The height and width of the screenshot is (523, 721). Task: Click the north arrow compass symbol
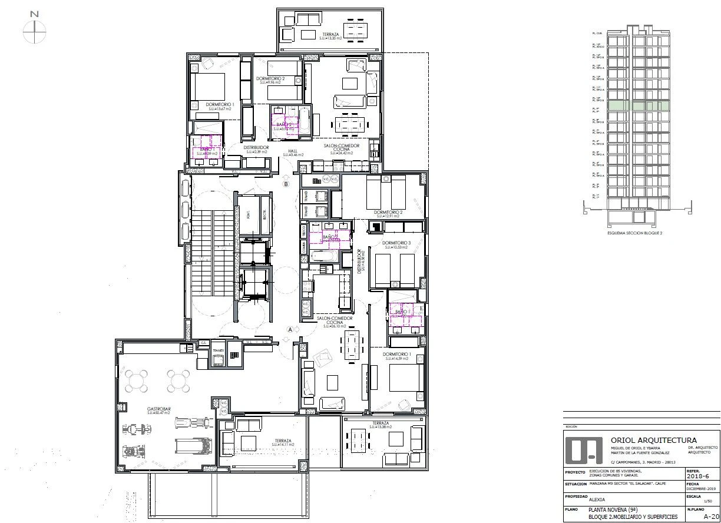click(x=35, y=28)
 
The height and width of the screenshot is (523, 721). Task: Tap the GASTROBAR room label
click(x=159, y=408)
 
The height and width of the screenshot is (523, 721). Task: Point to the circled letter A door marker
click(x=290, y=330)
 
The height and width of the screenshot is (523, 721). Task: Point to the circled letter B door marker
click(x=286, y=184)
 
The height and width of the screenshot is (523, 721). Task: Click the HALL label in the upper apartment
click(x=293, y=151)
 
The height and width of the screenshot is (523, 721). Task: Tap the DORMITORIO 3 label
click(x=396, y=243)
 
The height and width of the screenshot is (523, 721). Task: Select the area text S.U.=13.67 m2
click(x=219, y=109)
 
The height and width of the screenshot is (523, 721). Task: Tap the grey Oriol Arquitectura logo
click(x=584, y=450)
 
